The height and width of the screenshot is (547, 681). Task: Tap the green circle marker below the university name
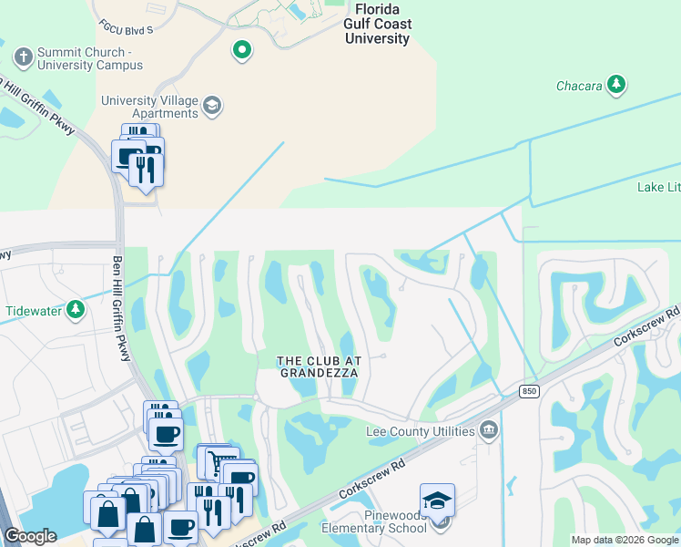coord(241,50)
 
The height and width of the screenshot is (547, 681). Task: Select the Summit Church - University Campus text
coord(90,58)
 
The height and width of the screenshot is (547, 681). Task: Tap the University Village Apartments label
coord(149,107)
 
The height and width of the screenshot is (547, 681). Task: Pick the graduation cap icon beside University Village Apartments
coord(212,107)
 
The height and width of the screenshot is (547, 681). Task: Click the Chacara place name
coord(579,86)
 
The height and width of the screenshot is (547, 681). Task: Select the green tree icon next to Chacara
coord(618,86)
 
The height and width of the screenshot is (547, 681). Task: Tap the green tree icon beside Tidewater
coord(76,311)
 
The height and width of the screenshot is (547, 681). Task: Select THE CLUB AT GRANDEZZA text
coord(318,366)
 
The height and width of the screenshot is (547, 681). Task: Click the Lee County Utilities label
coord(420,430)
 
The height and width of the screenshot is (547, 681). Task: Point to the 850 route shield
coord(529,391)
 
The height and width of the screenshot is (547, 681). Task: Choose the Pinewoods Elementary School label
coord(373,521)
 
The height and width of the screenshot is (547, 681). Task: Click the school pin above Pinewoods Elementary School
coord(437,501)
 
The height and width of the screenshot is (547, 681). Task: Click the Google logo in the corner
coord(30,536)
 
